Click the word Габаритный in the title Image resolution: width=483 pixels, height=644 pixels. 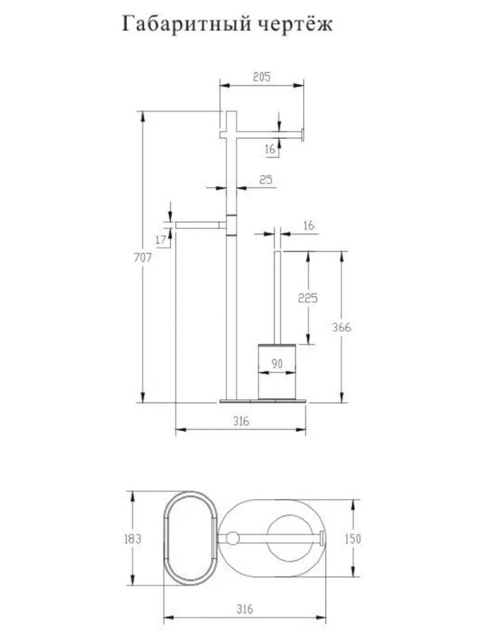point(186,23)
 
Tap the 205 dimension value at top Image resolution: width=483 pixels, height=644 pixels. point(262,77)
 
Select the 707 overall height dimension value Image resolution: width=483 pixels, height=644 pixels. point(143,258)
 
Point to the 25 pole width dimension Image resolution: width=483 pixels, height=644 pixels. point(266,180)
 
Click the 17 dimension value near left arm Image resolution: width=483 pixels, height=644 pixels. point(161,240)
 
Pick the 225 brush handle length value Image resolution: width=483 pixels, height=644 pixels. point(308,298)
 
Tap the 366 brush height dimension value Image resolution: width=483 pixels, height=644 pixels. point(341,327)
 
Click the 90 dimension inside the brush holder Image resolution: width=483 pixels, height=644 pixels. point(277,363)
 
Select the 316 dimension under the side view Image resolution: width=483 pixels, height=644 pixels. point(241,421)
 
